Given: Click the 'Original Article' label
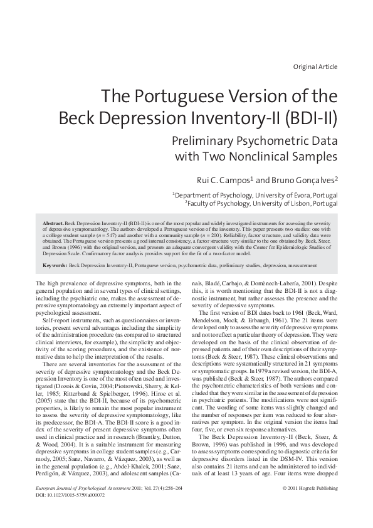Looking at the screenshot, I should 315,66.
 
